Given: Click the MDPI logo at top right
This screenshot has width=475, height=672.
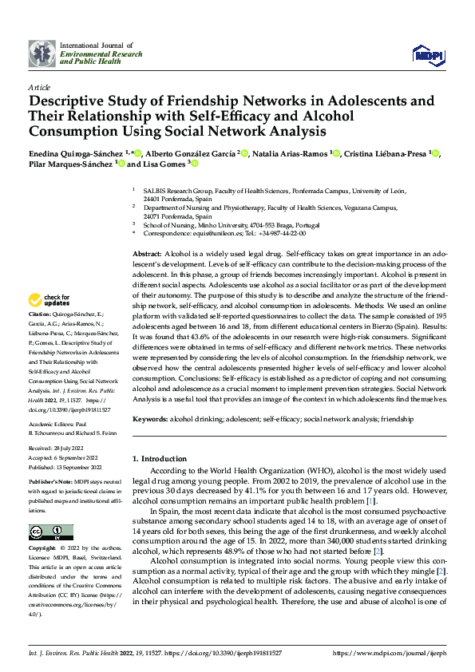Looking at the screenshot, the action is click(x=427, y=53).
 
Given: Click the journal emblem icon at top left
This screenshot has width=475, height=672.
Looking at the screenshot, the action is click(x=42, y=53).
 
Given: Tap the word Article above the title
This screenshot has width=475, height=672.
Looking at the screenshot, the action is click(x=39, y=87).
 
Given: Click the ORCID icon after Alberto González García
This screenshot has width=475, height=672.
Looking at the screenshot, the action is click(x=244, y=153).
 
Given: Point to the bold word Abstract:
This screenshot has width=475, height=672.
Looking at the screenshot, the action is click(x=148, y=252).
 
